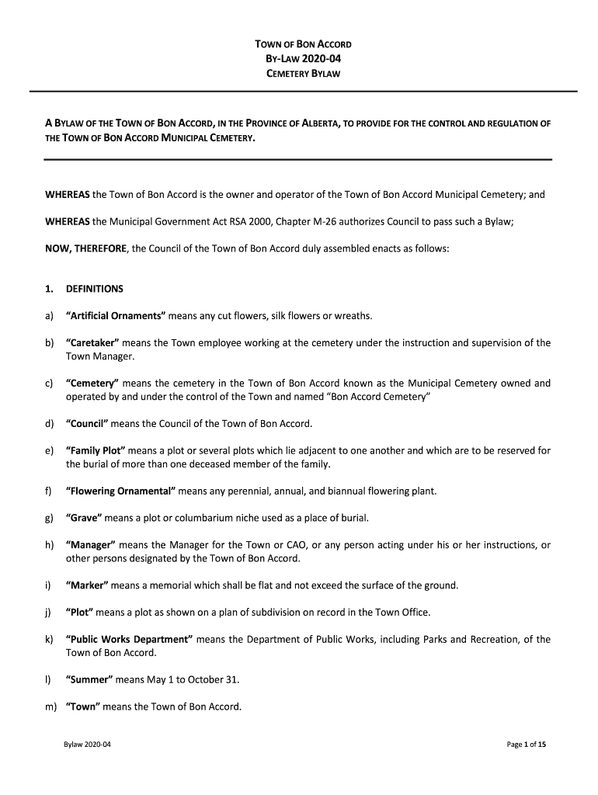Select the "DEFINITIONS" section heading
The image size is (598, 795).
[95, 290]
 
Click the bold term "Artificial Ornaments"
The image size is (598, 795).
[116, 316]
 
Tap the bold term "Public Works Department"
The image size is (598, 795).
[129, 640]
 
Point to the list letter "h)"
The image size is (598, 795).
[49, 545]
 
